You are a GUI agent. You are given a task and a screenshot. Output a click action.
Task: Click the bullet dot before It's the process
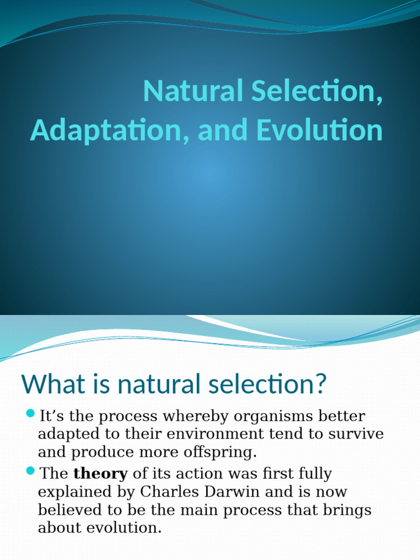coord(30,412)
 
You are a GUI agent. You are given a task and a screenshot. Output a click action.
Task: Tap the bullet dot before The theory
coord(30,470)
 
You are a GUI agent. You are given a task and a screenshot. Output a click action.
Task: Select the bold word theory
coord(101,474)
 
